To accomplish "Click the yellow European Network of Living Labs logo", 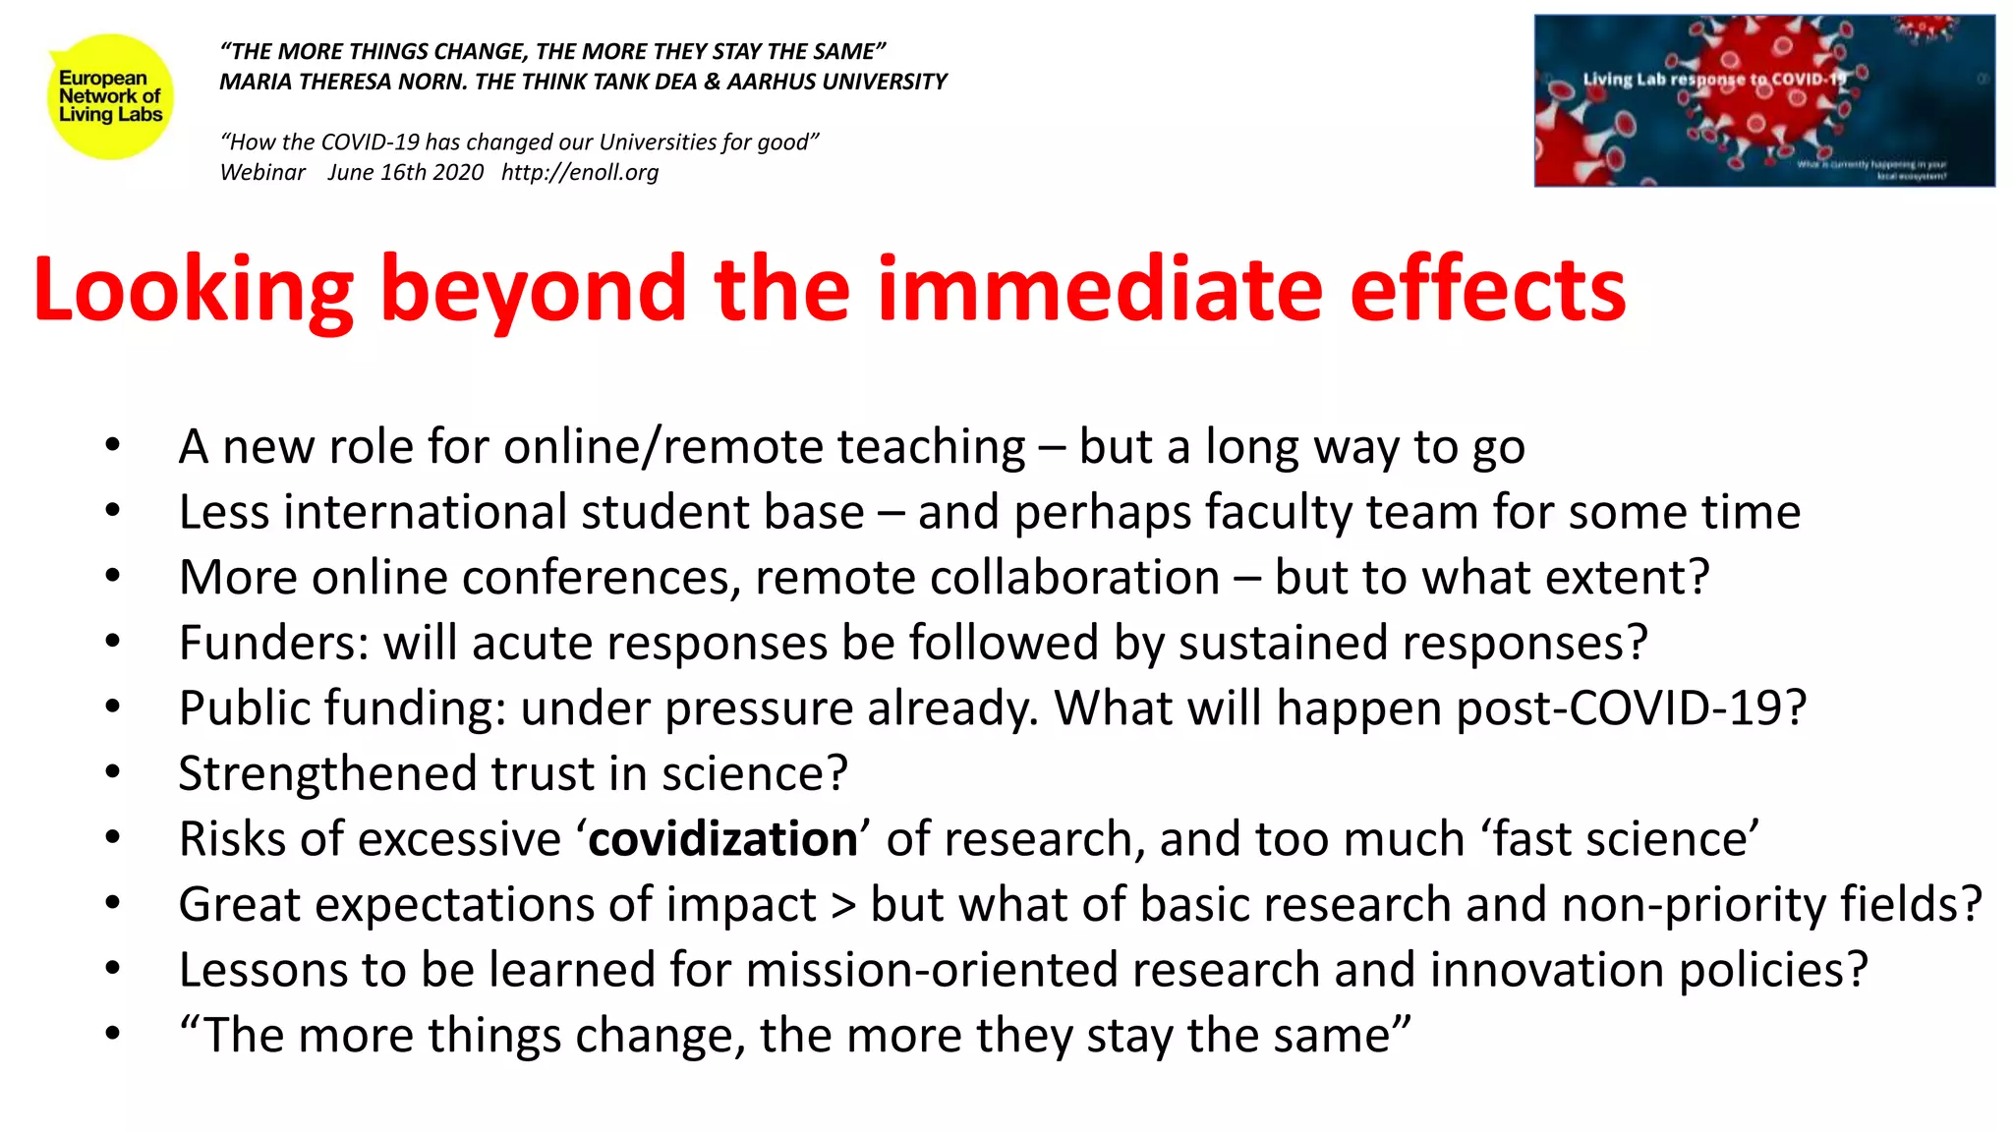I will click(x=110, y=96).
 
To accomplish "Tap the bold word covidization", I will click(x=723, y=839).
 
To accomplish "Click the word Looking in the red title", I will click(x=193, y=290).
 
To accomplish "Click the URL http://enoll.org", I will click(x=580, y=173).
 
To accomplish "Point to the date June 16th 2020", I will click(x=405, y=173).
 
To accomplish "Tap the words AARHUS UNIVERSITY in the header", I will click(x=836, y=82).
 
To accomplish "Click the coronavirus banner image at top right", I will click(x=1764, y=100).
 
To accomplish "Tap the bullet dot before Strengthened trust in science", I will click(x=113, y=772).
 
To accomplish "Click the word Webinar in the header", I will click(x=262, y=173).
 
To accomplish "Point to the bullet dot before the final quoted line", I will click(x=113, y=1034).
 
